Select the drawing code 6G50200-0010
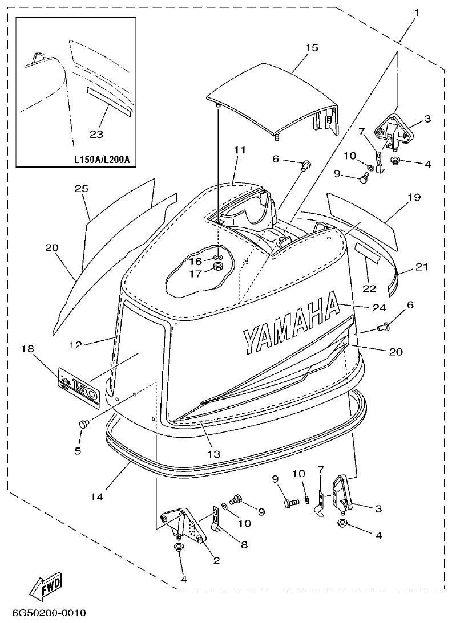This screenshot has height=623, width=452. pyautogui.click(x=49, y=613)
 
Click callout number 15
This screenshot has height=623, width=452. pyautogui.click(x=311, y=47)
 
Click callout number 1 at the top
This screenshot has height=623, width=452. pyautogui.click(x=417, y=12)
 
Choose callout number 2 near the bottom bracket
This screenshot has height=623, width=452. pyautogui.click(x=217, y=561)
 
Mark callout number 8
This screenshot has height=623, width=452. pyautogui.click(x=244, y=545)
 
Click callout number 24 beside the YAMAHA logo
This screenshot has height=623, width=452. pyautogui.click(x=379, y=307)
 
